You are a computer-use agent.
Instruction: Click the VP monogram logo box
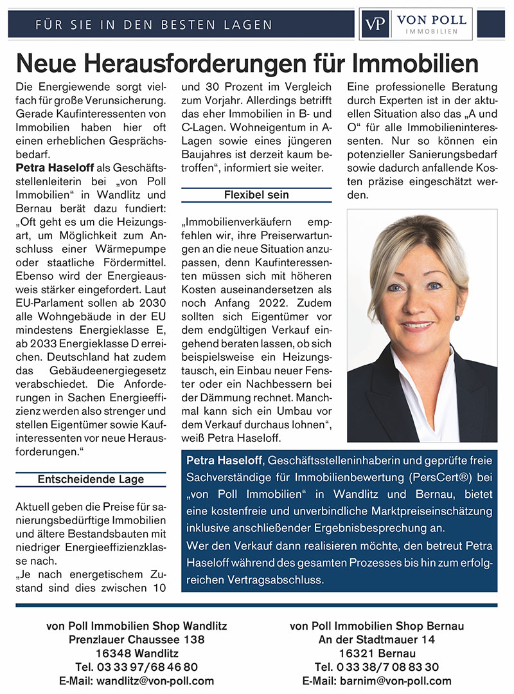pos(375,24)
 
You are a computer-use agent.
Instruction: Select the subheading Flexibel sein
pos(256,194)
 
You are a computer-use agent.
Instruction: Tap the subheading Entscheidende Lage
pos(91,479)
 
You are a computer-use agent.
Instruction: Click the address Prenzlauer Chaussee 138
pos(136,639)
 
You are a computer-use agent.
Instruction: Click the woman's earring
pos(457,317)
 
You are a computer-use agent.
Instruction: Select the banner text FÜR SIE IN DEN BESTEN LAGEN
pos(154,25)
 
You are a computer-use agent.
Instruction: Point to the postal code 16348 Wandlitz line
pos(136,653)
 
